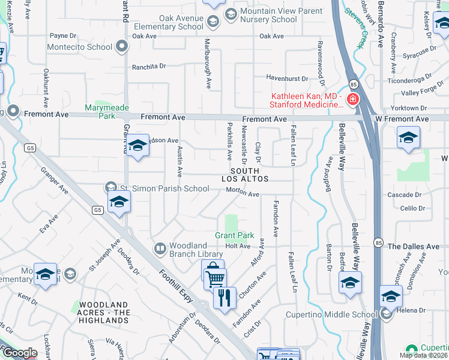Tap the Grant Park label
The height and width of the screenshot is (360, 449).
[x=235, y=235]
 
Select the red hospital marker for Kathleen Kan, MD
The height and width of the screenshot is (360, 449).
[x=352, y=99]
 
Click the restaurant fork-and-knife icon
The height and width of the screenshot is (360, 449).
[x=224, y=296]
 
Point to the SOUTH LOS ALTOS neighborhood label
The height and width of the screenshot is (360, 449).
[x=244, y=175]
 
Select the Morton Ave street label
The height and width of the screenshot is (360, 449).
[x=243, y=194]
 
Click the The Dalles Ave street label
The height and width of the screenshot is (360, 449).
[x=414, y=247]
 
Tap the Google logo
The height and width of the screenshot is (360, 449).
[x=20, y=353]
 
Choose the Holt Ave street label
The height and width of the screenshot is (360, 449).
[x=238, y=246]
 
